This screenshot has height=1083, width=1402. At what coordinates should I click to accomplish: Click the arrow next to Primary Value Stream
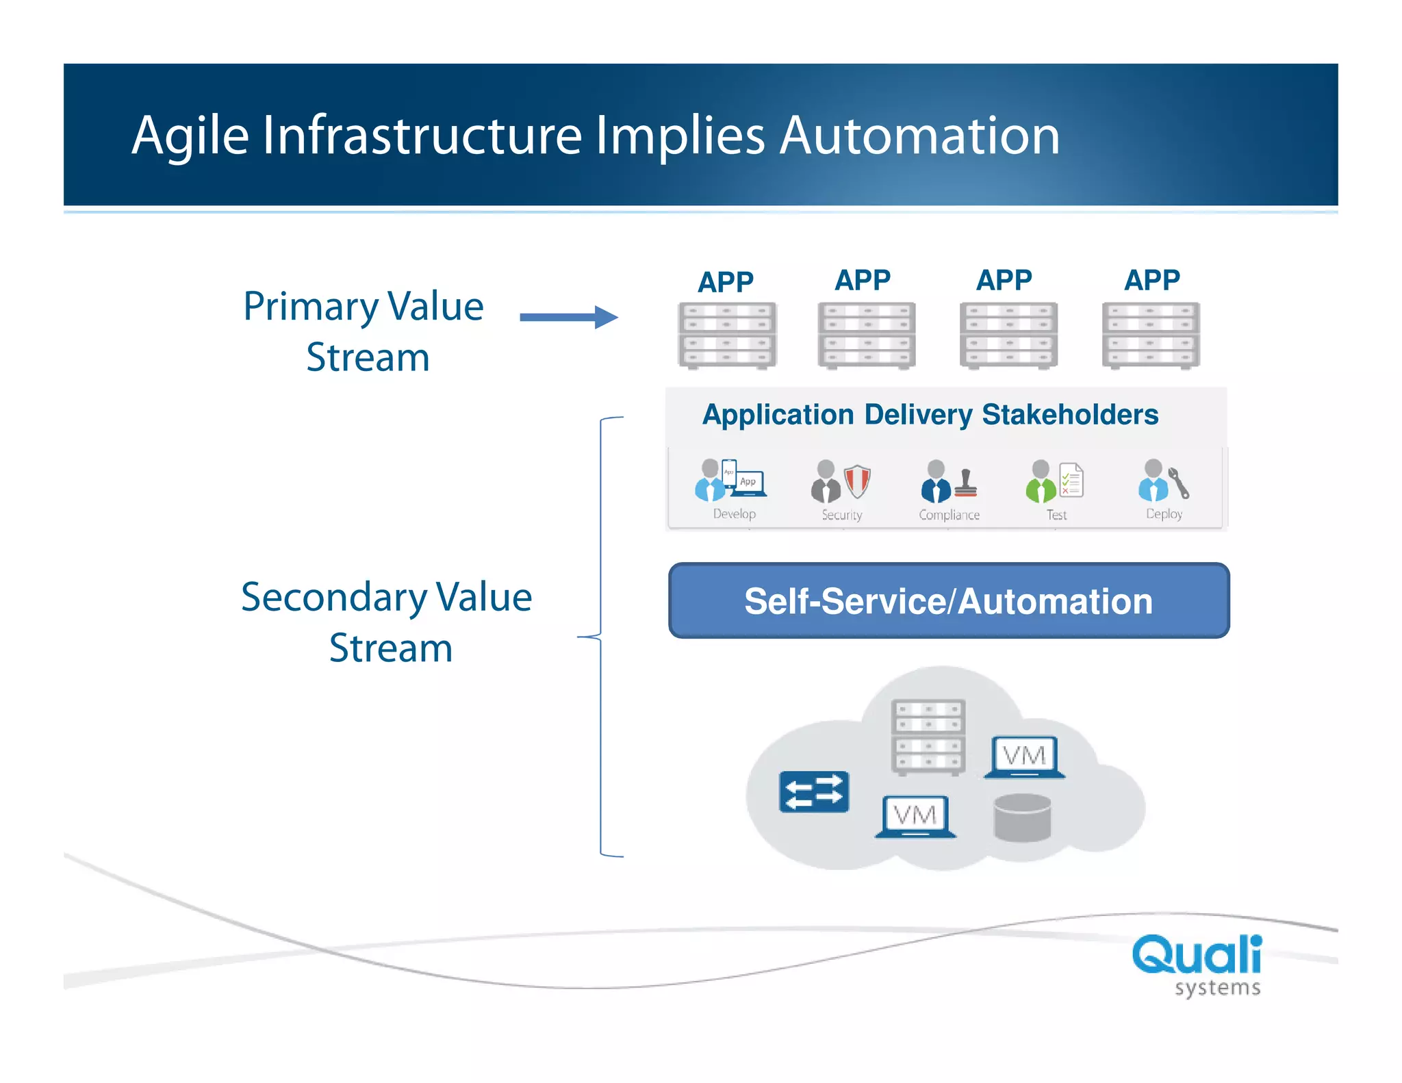tap(568, 317)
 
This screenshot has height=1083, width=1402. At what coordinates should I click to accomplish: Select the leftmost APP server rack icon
tap(727, 335)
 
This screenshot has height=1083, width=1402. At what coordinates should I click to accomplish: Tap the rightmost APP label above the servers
tap(1152, 280)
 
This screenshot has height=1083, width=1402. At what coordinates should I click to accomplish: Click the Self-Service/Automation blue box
tap(949, 601)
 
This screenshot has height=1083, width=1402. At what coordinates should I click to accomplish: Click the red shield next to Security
tap(856, 481)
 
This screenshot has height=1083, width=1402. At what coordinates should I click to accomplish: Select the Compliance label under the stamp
tap(949, 515)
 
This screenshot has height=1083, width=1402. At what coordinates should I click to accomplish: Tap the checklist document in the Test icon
tap(1071, 480)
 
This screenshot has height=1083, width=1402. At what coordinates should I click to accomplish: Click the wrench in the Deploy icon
tap(1179, 483)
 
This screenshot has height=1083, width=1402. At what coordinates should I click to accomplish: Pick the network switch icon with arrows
tap(814, 792)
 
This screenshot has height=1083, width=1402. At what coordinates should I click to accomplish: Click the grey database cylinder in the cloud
tap(1022, 817)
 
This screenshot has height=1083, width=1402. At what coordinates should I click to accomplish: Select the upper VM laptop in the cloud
tap(1024, 756)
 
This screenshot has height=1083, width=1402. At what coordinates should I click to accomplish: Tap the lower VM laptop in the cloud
tap(915, 816)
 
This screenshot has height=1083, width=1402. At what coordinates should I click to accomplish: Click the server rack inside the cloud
tap(928, 737)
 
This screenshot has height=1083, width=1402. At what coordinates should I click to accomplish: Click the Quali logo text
tap(1197, 955)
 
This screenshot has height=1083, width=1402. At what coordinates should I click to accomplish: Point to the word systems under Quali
tap(1217, 988)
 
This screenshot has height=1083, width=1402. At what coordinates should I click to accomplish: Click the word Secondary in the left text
tap(333, 598)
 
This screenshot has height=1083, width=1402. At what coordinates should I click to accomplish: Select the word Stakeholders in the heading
tap(1069, 415)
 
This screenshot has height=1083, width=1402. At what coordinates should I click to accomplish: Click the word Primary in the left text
tap(310, 307)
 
